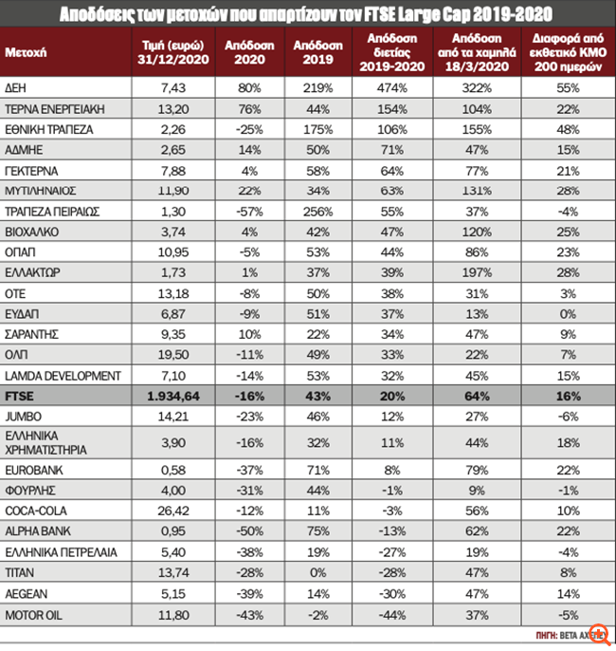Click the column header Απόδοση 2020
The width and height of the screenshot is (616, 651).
[x=248, y=51]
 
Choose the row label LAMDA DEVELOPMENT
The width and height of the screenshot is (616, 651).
[x=63, y=376]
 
